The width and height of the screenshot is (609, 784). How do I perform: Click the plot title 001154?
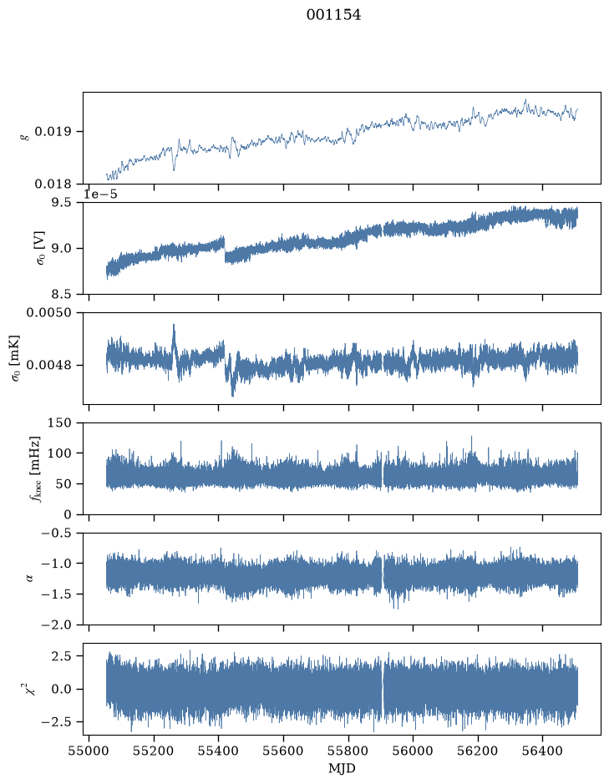(333, 15)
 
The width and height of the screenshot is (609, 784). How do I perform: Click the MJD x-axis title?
(342, 768)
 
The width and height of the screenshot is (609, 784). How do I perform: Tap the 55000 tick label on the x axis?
(89, 751)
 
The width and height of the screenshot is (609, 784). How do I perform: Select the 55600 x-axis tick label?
(283, 751)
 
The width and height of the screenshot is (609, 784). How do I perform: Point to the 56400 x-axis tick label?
(543, 751)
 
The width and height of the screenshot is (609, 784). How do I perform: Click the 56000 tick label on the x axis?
(414, 751)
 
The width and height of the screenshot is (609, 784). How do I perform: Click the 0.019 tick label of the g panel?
(53, 132)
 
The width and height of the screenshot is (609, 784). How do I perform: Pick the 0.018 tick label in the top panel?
(53, 184)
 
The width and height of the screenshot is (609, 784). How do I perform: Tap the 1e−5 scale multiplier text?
(100, 194)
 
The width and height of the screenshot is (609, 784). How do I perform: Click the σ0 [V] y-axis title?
(41, 248)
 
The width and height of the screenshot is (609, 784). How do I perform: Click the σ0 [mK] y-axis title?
(16, 358)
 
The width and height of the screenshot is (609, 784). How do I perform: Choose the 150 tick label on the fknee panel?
(59, 423)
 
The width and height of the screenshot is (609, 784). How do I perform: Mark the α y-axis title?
(29, 579)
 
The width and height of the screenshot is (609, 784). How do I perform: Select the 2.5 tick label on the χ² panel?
(60, 655)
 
